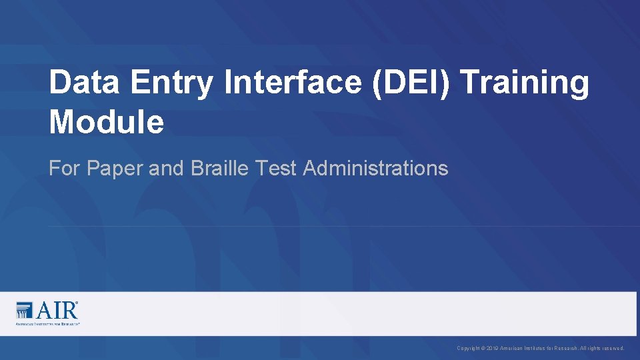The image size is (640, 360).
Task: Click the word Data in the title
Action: click(x=85, y=83)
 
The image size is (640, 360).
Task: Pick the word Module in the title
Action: click(x=106, y=122)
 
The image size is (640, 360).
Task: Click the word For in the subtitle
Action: click(x=64, y=169)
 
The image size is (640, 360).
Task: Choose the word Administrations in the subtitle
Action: click(x=375, y=169)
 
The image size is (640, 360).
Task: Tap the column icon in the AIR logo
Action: click(x=25, y=311)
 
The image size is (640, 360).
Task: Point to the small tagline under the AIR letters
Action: click(x=47, y=323)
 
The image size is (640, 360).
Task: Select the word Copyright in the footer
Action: click(x=469, y=349)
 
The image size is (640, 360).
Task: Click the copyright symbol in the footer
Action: click(x=484, y=349)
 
